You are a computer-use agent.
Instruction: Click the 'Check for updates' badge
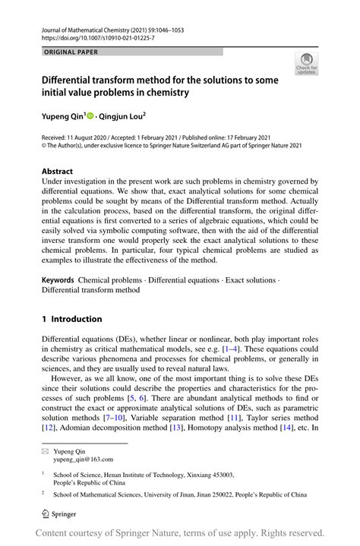click(x=308, y=64)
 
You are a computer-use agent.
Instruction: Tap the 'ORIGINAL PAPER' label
click(x=72, y=52)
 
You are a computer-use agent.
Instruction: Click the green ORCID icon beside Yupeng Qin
click(x=90, y=117)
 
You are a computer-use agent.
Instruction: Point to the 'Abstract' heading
click(x=58, y=172)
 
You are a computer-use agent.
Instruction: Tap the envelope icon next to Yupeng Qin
click(x=45, y=451)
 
